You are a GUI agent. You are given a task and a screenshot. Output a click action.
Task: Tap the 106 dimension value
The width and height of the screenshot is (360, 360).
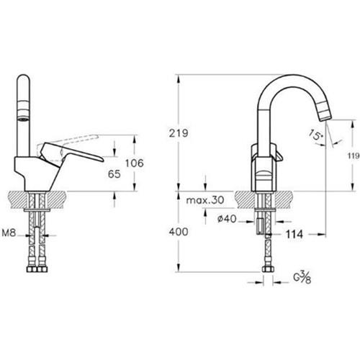pos(133,163)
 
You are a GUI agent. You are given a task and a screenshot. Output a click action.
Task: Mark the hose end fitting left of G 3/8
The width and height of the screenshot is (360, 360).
pos(268,271)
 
